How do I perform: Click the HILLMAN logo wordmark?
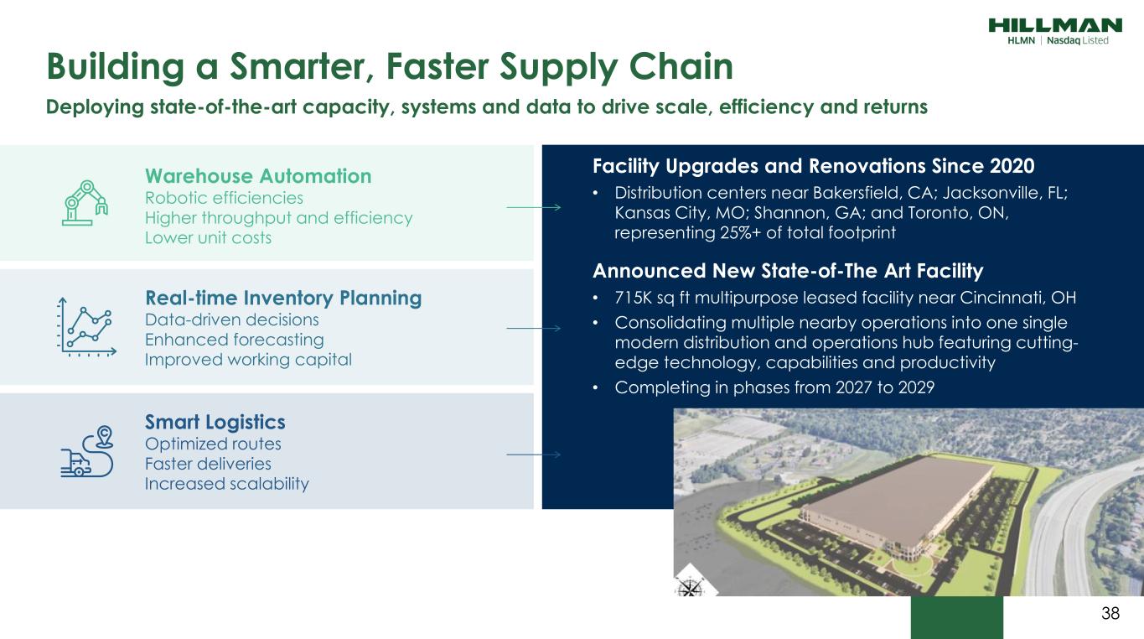(1055, 25)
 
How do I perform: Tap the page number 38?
(1110, 613)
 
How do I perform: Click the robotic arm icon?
(85, 203)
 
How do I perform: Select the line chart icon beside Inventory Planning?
(86, 327)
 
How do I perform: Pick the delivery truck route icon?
(87, 451)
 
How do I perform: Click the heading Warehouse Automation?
(258, 176)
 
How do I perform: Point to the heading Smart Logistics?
(215, 423)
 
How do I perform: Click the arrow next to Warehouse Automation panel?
(534, 207)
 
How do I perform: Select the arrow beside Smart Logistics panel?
(534, 454)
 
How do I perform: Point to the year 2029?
(916, 387)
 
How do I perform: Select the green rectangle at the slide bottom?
(956, 617)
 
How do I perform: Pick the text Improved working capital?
(248, 360)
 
